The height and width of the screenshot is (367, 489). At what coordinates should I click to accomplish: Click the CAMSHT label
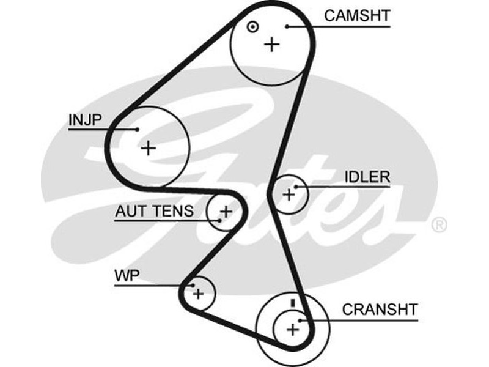click(x=357, y=15)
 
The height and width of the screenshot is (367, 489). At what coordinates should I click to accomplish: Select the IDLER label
click(x=367, y=177)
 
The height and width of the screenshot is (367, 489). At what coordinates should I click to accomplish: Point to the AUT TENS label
click(x=154, y=211)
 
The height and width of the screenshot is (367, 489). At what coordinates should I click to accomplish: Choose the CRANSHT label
click(x=380, y=308)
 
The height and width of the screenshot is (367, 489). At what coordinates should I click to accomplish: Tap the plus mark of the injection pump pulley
click(x=148, y=147)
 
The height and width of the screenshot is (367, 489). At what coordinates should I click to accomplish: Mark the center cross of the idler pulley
click(x=289, y=195)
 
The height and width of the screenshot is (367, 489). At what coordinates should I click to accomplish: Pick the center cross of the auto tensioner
click(x=226, y=212)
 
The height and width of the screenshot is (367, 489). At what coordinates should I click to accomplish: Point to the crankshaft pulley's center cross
click(x=293, y=330)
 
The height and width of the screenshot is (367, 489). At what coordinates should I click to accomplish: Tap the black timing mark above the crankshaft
click(x=293, y=303)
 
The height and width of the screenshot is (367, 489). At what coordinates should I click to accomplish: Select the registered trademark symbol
click(x=439, y=225)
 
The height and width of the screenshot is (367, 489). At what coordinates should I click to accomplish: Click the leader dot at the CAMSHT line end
click(x=287, y=26)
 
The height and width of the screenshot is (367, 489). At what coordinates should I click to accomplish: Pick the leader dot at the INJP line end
click(x=138, y=129)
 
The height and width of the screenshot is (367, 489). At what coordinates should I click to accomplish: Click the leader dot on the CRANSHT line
click(x=300, y=319)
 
